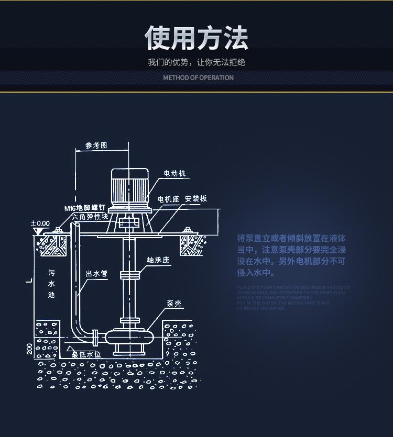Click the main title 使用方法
(x=196, y=38)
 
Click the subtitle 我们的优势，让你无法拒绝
(x=196, y=62)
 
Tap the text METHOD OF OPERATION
(x=198, y=77)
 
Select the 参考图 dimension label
(x=96, y=145)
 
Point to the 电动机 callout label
(x=174, y=173)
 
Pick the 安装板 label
(x=196, y=199)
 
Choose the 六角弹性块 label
(x=90, y=216)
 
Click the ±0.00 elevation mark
(x=41, y=223)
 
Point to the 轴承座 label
(x=158, y=260)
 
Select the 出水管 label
(x=96, y=274)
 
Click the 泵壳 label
(x=174, y=304)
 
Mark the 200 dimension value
(x=29, y=349)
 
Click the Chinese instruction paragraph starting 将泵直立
(x=291, y=255)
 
